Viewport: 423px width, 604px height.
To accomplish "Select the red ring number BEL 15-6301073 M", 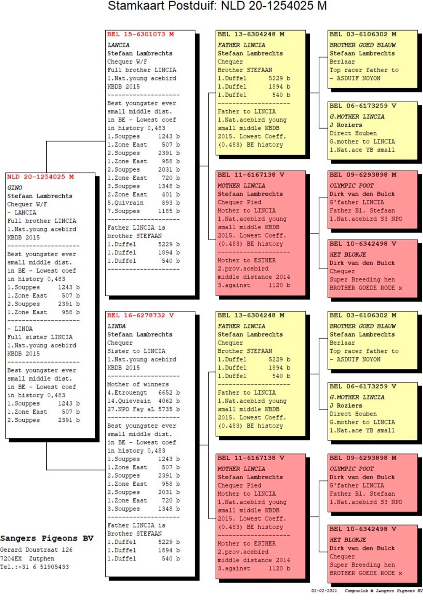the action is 140,34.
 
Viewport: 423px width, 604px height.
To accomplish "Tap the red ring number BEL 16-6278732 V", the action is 140,315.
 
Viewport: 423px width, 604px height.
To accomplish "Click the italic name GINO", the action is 15,188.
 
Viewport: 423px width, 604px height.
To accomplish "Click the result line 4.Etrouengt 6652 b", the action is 143,393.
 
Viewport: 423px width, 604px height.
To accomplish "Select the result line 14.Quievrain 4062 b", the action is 143,401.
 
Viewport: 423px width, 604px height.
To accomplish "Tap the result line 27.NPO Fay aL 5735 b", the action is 143,409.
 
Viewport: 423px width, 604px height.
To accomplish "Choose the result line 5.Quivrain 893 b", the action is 143,203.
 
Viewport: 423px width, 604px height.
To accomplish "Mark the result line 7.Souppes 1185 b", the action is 143,211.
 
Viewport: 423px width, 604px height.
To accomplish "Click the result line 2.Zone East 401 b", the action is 143,194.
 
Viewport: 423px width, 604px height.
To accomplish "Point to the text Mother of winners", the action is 138,384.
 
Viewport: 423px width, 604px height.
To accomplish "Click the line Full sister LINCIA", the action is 40,337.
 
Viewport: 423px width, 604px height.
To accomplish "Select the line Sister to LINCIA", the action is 136,351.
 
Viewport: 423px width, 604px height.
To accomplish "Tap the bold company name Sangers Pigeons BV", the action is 47,538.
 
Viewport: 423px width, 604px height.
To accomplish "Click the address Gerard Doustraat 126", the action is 36,550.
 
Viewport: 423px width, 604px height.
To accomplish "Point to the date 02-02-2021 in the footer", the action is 324,591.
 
